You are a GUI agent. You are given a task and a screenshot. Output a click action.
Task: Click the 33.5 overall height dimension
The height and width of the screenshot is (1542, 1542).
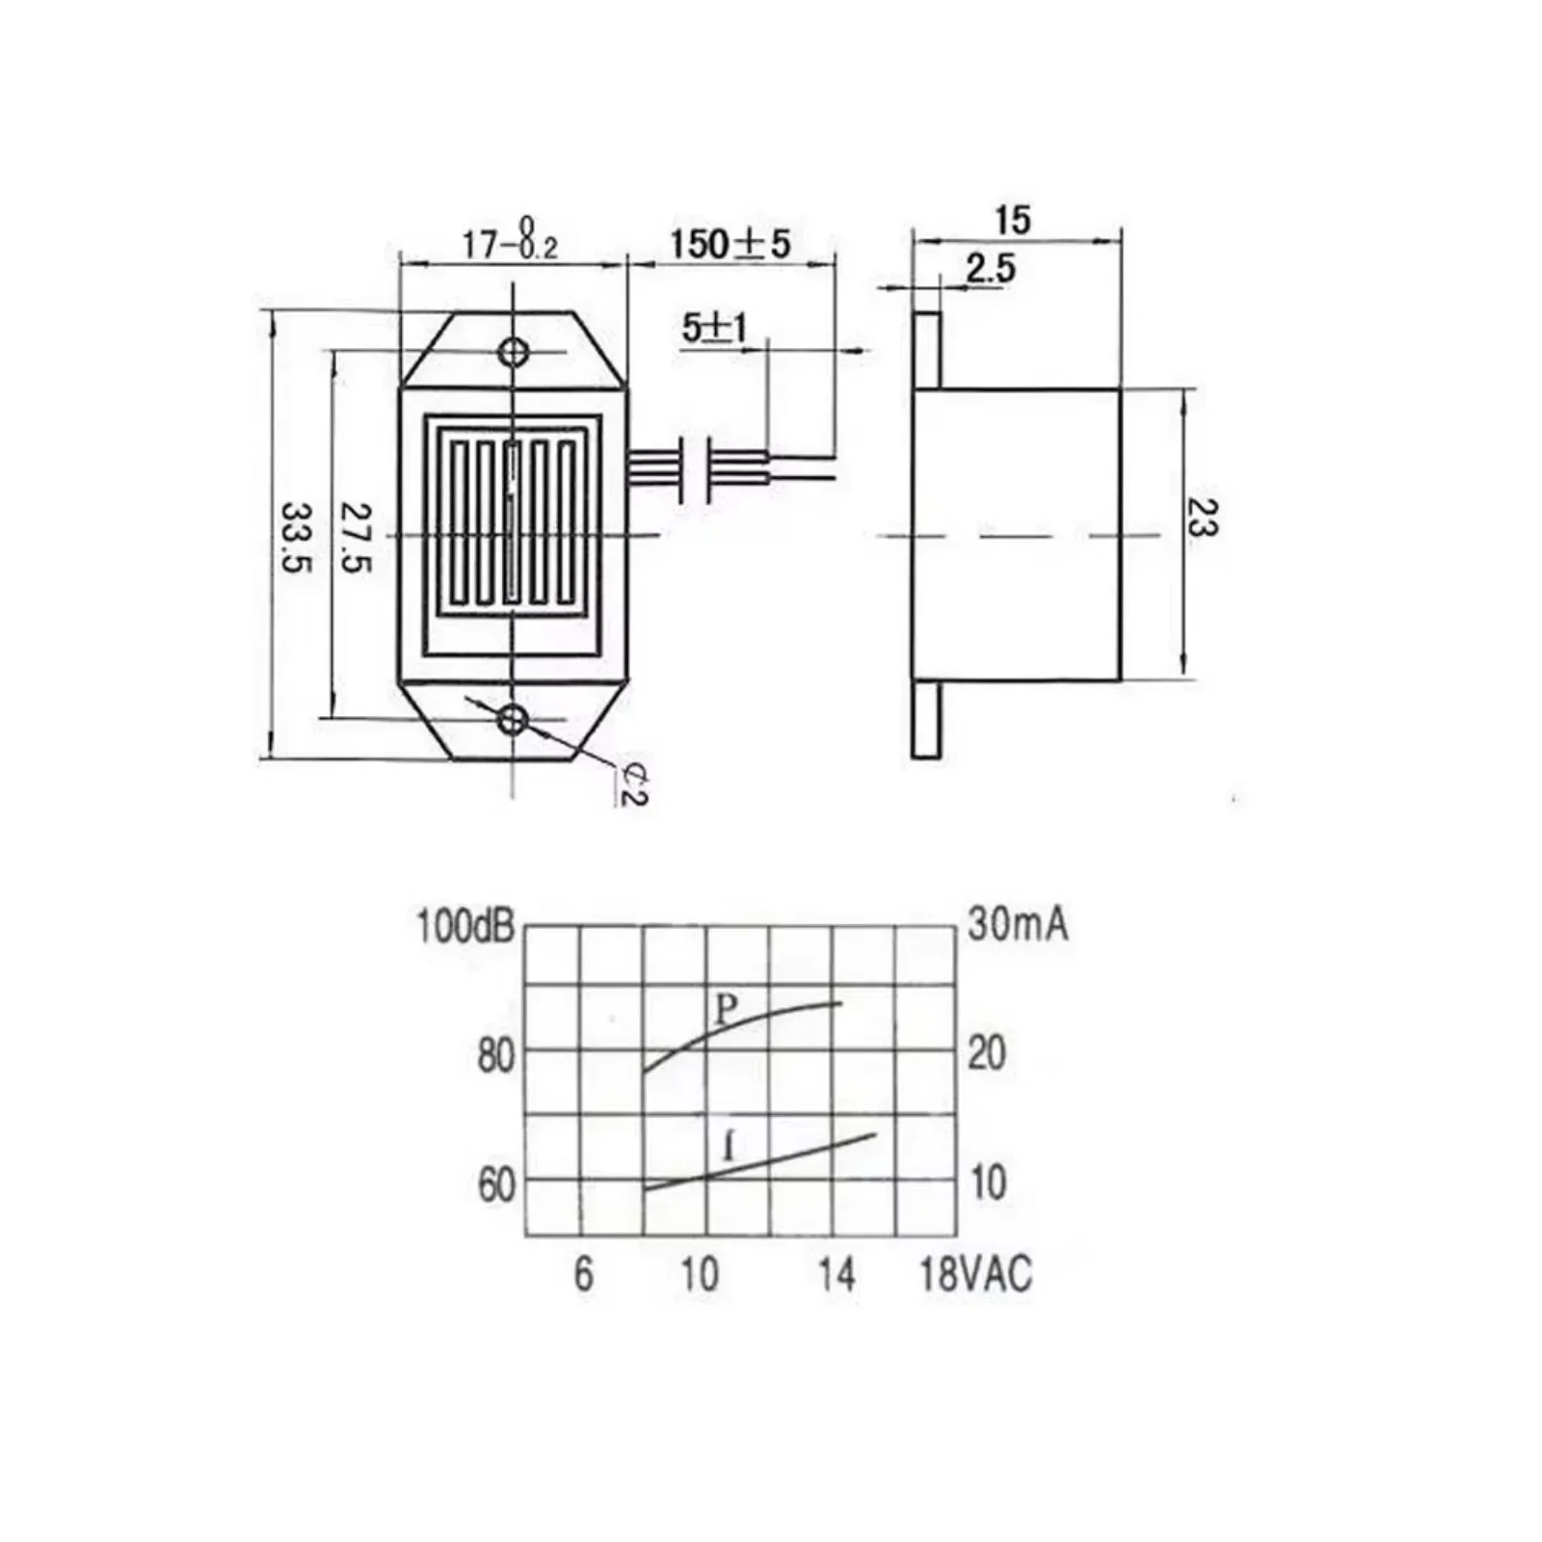click(296, 536)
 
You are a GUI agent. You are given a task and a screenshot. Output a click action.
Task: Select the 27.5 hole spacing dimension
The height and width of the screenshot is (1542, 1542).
click(357, 536)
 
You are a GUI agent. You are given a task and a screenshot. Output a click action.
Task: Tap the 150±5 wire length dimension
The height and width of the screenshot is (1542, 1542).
click(730, 243)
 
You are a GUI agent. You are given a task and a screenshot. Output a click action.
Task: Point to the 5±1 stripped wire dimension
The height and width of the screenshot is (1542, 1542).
click(714, 329)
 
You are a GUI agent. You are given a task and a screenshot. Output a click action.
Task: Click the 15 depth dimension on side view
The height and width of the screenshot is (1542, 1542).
click(1012, 220)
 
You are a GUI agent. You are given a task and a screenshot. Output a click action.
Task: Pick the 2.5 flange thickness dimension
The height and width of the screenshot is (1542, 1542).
click(991, 269)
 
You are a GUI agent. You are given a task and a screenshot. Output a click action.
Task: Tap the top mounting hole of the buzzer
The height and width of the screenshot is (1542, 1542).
click(515, 352)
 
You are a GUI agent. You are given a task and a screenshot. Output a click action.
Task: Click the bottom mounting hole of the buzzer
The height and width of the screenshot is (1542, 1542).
click(515, 718)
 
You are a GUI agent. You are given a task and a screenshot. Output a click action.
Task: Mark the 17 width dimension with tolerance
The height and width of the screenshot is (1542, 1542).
click(510, 241)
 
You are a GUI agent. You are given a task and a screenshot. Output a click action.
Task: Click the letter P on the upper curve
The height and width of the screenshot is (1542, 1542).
click(727, 1009)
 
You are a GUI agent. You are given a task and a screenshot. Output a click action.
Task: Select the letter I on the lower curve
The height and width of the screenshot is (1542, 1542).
click(730, 1148)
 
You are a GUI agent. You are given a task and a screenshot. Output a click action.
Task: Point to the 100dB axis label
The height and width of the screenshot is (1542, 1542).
click(465, 926)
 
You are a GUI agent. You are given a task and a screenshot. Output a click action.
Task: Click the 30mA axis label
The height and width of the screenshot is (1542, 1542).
click(1018, 925)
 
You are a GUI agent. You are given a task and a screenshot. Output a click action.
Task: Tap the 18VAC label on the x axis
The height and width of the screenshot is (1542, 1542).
click(975, 1275)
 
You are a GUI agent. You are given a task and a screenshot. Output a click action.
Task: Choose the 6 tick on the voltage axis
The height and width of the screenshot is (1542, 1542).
click(584, 1275)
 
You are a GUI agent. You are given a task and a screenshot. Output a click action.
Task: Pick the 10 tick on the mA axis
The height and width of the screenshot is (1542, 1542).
click(988, 1183)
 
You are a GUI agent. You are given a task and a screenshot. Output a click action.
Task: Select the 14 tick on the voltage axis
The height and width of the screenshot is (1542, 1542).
click(837, 1275)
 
